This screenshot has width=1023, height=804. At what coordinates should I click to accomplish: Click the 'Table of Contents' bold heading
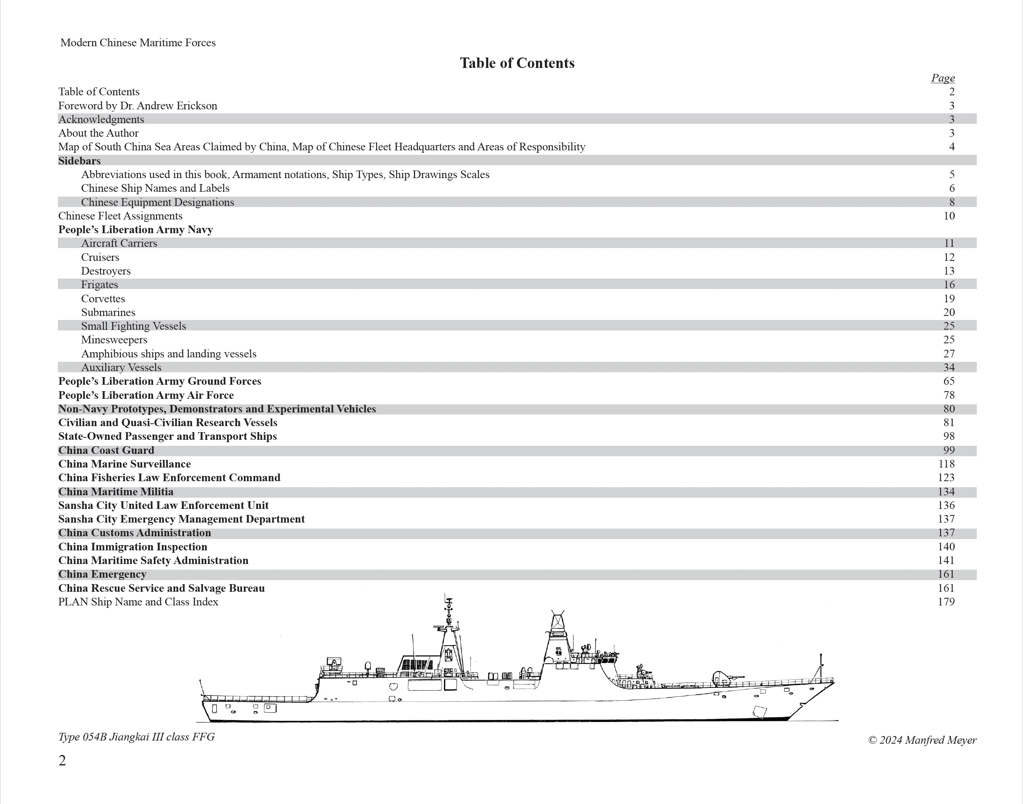[517, 63]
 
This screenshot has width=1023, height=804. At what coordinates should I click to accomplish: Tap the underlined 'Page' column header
[943, 78]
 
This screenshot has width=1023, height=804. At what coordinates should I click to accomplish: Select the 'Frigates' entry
[99, 285]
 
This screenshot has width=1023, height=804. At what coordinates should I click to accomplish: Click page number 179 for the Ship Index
[946, 602]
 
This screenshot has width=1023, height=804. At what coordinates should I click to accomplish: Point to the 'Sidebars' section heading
[79, 161]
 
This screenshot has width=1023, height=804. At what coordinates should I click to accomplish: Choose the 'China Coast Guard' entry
[106, 451]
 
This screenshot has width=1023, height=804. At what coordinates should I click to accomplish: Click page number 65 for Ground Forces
[949, 381]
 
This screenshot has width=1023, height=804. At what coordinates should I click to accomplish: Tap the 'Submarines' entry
[108, 313]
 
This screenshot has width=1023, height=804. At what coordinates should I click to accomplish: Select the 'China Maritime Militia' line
[116, 492]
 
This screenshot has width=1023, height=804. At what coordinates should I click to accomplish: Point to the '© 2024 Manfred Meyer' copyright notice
[922, 740]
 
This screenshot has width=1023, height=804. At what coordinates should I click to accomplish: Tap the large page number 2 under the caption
[62, 761]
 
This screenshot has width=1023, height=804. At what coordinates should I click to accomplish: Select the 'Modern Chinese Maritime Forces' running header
[138, 43]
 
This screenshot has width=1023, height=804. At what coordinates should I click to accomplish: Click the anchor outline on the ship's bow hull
[759, 712]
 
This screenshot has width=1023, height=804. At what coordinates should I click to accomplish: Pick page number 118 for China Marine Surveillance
[946, 464]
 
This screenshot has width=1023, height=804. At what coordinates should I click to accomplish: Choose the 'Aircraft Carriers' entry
[119, 243]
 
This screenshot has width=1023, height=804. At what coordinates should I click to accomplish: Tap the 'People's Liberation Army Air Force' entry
[146, 396]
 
